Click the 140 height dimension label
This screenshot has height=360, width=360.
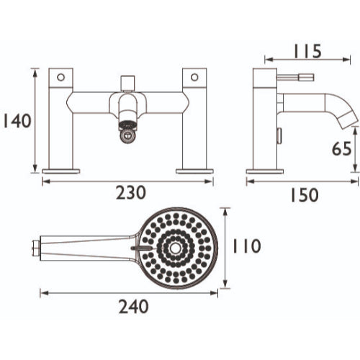pos(17,121)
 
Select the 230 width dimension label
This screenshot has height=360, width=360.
pos(131,192)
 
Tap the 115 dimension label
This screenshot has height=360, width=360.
pos(307,51)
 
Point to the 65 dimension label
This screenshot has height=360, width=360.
pos(341,148)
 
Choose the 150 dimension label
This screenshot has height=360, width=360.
pos(305,195)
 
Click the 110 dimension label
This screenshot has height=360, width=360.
pos(247,246)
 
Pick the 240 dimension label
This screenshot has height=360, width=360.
pos(134,307)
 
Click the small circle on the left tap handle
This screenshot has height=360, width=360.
pos(61,77)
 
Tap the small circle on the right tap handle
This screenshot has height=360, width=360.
pos(194,77)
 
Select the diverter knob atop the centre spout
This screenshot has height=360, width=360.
pos(127,83)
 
